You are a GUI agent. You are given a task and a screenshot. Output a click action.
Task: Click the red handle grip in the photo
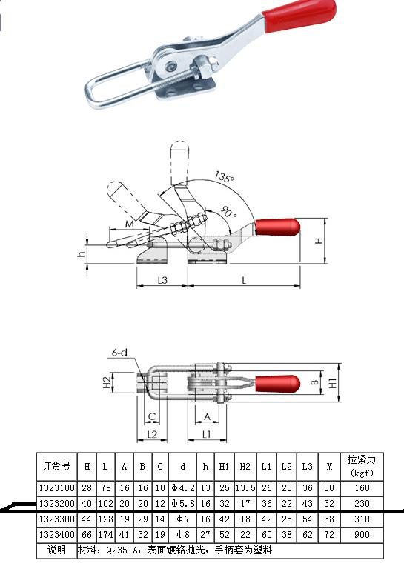pyautogui.click(x=299, y=16)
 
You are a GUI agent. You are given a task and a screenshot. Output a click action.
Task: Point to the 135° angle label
pyautogui.click(x=225, y=177)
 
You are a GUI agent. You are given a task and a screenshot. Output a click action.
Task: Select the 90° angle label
pyautogui.click(x=228, y=212)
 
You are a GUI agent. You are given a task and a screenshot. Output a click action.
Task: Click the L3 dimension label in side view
pyautogui.click(x=162, y=280)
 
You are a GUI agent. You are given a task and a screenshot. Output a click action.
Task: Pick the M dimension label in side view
pyautogui.click(x=129, y=224)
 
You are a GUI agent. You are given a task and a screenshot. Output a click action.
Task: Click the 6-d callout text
pyautogui.click(x=119, y=353)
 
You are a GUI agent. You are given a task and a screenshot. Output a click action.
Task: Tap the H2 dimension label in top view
pyautogui.click(x=107, y=382)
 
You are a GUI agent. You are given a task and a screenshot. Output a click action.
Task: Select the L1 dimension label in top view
pyautogui.click(x=207, y=434)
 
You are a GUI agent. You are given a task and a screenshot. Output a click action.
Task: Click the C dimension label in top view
pyautogui.click(x=152, y=416)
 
